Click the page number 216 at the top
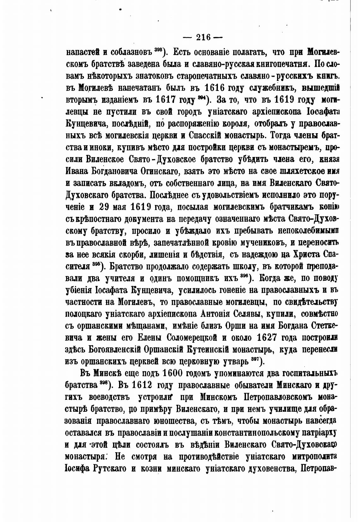tap(203, 37)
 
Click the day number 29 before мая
tap(106, 207)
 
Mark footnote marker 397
tap(255, 359)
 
